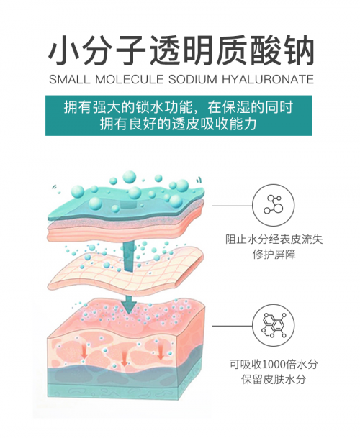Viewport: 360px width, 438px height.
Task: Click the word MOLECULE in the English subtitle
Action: click(x=129, y=79)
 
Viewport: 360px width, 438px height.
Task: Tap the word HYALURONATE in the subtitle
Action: click(x=268, y=79)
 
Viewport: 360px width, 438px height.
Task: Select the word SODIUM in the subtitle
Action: click(x=193, y=79)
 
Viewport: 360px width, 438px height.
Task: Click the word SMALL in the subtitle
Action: click(x=70, y=79)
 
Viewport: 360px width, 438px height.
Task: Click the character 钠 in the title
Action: click(x=297, y=50)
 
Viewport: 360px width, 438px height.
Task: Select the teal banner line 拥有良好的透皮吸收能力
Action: click(x=179, y=124)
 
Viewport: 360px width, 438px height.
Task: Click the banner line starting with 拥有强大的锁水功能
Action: click(x=179, y=107)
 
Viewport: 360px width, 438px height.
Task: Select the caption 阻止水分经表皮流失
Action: click(x=274, y=239)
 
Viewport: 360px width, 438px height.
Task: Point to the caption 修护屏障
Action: click(x=274, y=255)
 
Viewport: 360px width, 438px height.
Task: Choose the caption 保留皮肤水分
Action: click(x=274, y=379)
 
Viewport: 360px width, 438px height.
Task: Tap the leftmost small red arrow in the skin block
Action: click(x=84, y=352)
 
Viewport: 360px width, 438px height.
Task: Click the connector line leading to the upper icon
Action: click(x=232, y=206)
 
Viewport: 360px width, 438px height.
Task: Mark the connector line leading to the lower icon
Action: click(x=232, y=326)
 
